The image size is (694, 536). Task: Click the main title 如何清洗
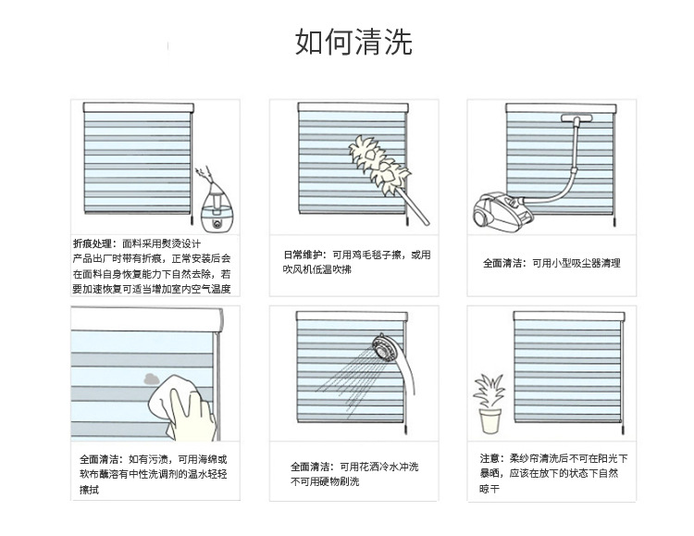coord(353,42)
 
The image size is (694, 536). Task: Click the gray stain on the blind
coord(149,377)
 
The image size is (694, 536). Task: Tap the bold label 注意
coord(491,458)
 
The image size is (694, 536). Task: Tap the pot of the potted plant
coord(490,422)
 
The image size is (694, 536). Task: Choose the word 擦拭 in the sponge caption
coord(89,490)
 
